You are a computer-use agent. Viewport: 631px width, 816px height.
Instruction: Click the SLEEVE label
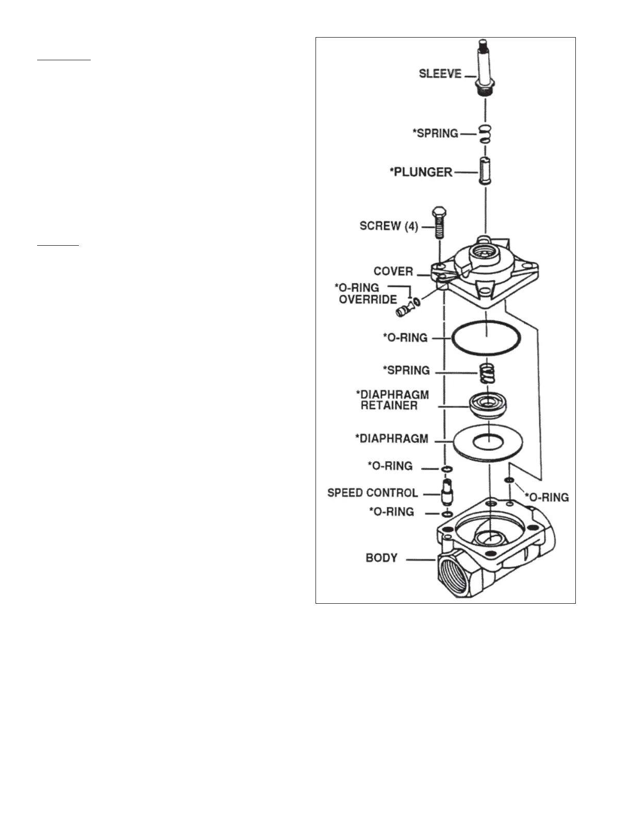click(x=440, y=74)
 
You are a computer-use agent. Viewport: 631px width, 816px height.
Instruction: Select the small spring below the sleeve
click(x=485, y=134)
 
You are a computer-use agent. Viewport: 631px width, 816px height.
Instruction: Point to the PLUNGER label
click(x=421, y=172)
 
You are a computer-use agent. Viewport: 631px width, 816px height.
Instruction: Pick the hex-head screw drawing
click(x=439, y=222)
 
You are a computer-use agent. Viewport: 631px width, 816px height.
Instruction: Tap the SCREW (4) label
click(x=388, y=226)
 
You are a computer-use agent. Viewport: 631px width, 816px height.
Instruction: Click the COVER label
click(x=393, y=271)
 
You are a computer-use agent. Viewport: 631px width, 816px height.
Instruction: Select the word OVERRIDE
click(x=368, y=300)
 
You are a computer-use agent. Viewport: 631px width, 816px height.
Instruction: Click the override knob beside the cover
click(x=403, y=310)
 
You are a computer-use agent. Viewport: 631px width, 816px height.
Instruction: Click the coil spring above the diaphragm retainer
click(x=487, y=373)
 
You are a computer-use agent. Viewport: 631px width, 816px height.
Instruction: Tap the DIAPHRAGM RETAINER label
click(x=392, y=400)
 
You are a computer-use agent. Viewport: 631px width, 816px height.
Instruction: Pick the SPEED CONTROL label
click(x=372, y=493)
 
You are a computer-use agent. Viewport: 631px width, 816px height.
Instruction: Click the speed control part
click(x=446, y=491)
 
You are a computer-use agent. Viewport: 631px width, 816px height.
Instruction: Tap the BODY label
click(x=381, y=558)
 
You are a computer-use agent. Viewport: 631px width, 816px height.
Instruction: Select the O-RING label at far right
click(x=546, y=498)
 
